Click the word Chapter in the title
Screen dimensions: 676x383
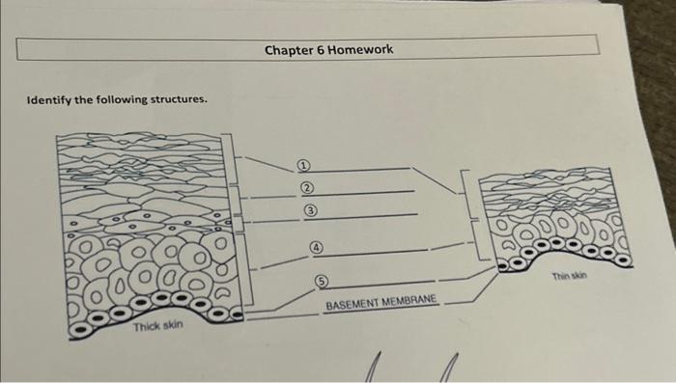(x=288, y=48)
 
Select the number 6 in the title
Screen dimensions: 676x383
(x=318, y=48)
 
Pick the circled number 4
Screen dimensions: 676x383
(x=316, y=248)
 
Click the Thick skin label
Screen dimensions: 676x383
(x=157, y=326)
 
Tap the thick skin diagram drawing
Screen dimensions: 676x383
(x=145, y=232)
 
